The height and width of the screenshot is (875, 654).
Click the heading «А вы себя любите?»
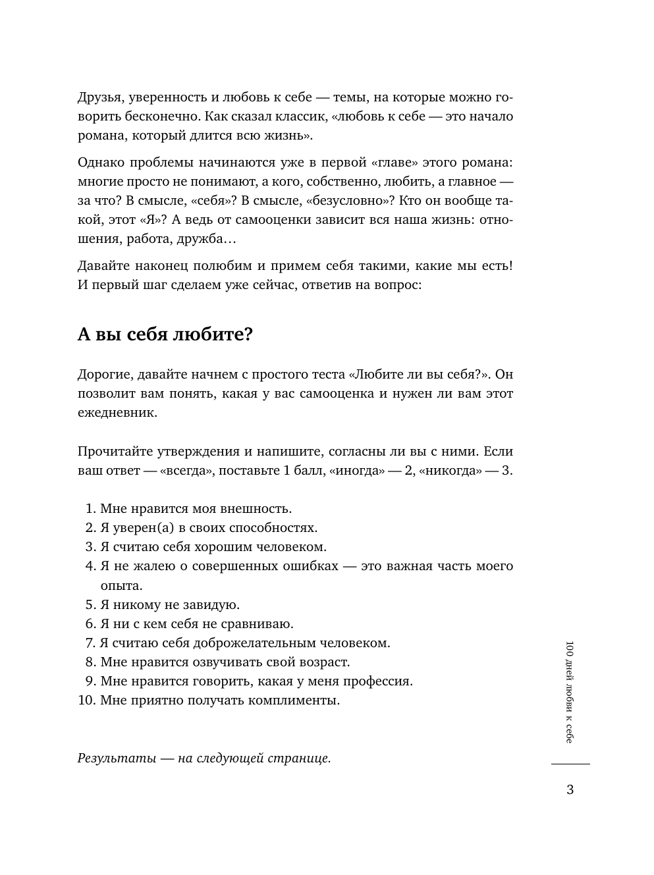tap(165, 334)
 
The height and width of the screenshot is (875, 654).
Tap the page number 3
tap(570, 789)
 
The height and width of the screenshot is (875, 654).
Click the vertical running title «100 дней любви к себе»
tap(570, 691)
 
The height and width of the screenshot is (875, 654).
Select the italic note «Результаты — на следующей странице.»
tap(204, 758)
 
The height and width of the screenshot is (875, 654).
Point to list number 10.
tap(86, 700)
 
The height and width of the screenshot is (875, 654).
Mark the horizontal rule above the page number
tap(570, 764)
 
